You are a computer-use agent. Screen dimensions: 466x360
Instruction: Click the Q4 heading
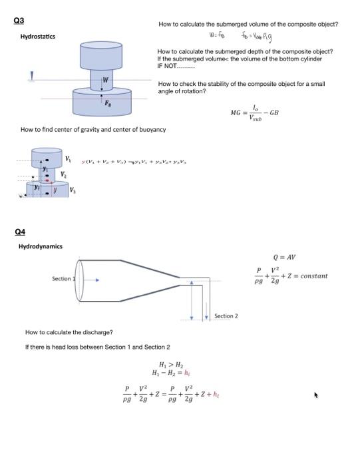pos(21,232)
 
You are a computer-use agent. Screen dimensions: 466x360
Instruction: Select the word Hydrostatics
pos(38,36)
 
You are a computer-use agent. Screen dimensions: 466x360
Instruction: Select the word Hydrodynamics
pos(40,246)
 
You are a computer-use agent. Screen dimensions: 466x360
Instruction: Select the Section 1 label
pos(63,279)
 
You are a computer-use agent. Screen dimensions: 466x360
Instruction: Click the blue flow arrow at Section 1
pos(90,280)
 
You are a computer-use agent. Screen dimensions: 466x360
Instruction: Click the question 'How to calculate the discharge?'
pos(69,332)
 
